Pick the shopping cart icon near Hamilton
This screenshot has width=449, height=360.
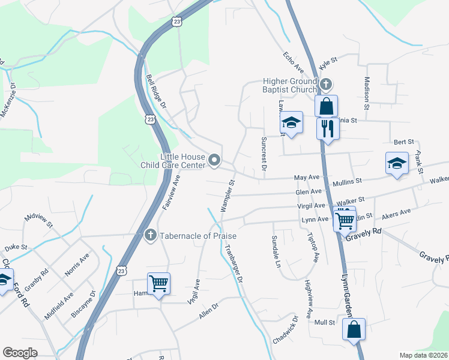(x=158, y=283)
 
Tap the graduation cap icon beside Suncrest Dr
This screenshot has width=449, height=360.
(x=291, y=124)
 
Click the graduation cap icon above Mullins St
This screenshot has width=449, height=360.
(x=397, y=163)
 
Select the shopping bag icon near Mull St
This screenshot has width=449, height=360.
(x=354, y=329)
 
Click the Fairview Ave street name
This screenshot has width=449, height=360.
(x=171, y=193)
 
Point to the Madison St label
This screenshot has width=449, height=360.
(x=367, y=92)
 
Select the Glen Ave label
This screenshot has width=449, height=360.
(x=309, y=192)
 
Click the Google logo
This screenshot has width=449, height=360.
(x=20, y=352)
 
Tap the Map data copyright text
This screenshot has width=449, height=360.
(x=423, y=355)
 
